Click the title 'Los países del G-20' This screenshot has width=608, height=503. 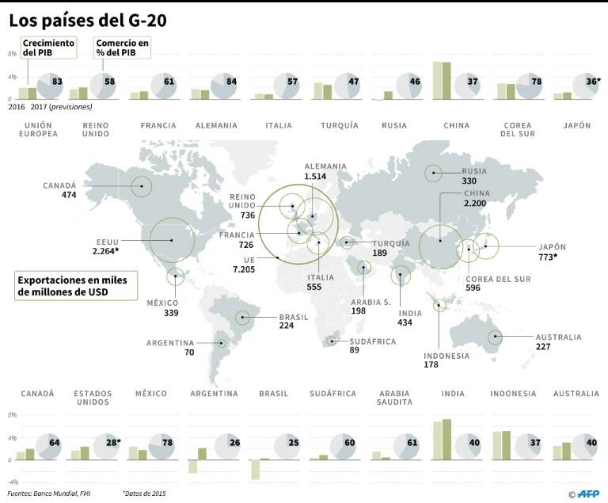93,17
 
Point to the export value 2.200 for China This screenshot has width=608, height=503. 477,204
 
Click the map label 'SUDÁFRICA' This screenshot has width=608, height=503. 368,341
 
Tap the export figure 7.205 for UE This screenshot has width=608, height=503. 244,270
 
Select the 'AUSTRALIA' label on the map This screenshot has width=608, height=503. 558,337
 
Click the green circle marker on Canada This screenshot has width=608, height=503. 141,187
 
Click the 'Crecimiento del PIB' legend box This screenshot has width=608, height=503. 48,47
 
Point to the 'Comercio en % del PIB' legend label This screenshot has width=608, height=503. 122,47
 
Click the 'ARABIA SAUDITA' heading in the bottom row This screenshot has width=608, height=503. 395,398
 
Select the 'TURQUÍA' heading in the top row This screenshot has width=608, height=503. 340,125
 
